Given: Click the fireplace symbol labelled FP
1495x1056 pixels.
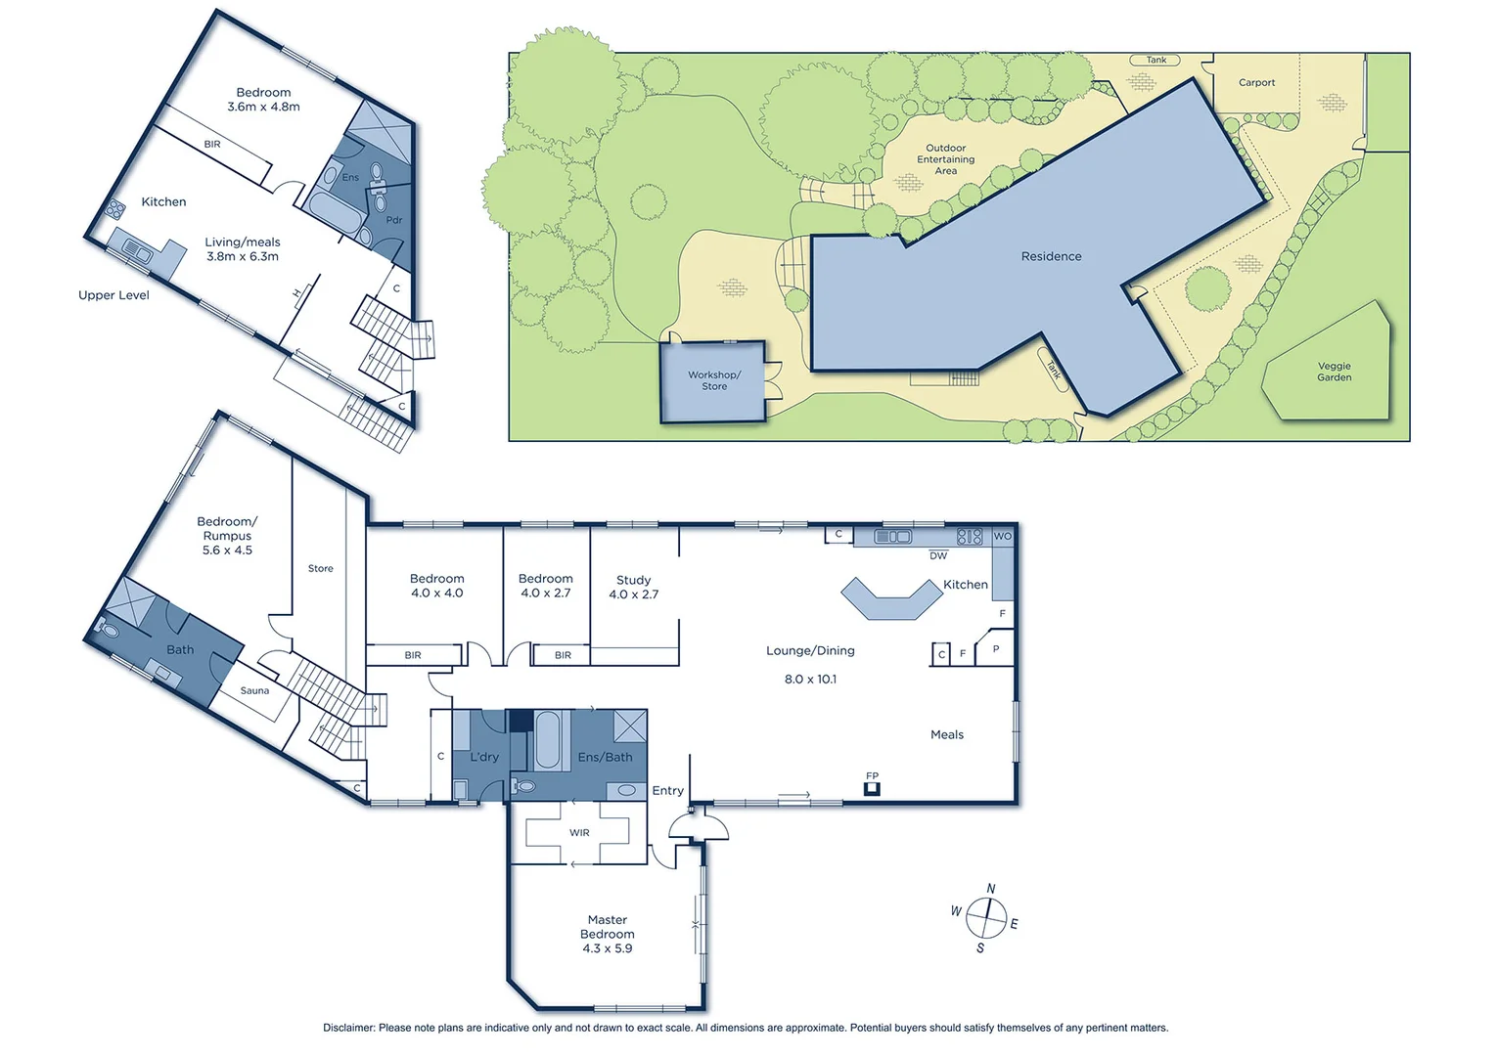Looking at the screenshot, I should pos(872,787).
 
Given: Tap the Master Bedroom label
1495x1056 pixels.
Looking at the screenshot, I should pos(607,927).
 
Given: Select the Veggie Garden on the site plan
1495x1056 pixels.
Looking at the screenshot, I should pos(1333,372).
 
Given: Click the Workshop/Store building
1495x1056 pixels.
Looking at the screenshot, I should pos(713,380).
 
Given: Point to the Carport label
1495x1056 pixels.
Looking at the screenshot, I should pos(1256,83).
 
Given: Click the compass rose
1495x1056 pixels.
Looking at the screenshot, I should pos(985,917).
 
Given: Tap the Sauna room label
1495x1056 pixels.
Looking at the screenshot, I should pos(254,690).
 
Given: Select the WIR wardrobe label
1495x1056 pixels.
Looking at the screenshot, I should pos(579,833).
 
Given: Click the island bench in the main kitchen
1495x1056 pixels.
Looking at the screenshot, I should pos(890,598).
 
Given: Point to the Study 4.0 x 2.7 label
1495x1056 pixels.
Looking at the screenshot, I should pos(633,587).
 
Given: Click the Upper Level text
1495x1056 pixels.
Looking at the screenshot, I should pos(113,295).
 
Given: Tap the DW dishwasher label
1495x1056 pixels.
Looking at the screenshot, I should pos(938,555).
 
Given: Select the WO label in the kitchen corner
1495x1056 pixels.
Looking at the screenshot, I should pos(1003,536).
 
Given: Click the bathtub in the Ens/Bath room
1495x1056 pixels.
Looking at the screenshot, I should pos(547,740).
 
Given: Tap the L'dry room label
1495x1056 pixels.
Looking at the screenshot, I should pos(484,757).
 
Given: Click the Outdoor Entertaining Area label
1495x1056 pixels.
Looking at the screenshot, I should pos(945,159).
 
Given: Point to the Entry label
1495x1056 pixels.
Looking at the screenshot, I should pos(667,791).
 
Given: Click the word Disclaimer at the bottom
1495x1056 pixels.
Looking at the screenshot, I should pos(348,1028).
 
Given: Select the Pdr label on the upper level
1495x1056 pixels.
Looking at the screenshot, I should pos(393,220).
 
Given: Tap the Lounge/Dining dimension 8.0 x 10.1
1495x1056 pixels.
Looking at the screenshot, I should pos(810,679).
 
